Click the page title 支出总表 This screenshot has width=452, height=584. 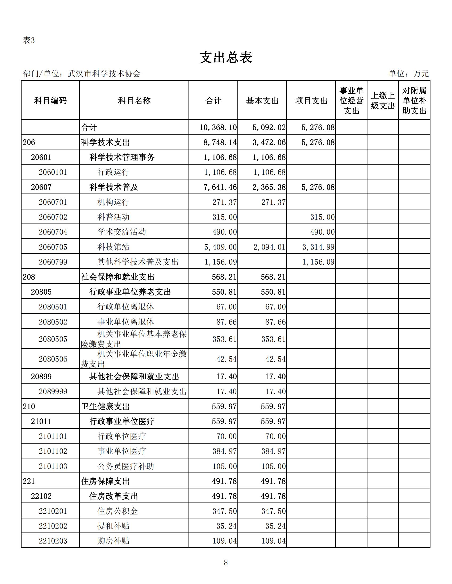tap(226, 58)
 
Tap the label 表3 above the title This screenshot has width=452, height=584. tap(29, 40)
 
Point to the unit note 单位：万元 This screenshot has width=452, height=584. tap(409, 74)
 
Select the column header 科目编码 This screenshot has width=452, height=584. tap(50, 101)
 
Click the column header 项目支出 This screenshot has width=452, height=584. tap(311, 101)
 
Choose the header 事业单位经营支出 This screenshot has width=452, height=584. tap(351, 101)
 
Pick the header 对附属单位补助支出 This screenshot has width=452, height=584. tap(414, 101)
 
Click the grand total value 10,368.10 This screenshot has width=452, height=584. tap(218, 127)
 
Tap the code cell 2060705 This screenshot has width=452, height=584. tap(53, 247)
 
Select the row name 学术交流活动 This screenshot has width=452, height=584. tap(122, 232)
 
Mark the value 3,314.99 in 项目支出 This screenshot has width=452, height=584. tap(318, 247)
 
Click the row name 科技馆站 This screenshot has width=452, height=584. tap(113, 247)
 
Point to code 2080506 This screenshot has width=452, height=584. tap(53, 359)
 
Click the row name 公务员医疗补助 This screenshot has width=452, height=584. tap(125, 466)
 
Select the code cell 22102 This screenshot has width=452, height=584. tap(41, 496)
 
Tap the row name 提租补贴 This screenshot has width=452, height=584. tap(113, 526)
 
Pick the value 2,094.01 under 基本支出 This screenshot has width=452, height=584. tap(269, 247)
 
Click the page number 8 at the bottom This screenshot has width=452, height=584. tap(226, 562)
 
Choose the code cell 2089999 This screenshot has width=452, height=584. tap(53, 392)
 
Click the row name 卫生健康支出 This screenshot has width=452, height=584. tap(105, 406)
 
